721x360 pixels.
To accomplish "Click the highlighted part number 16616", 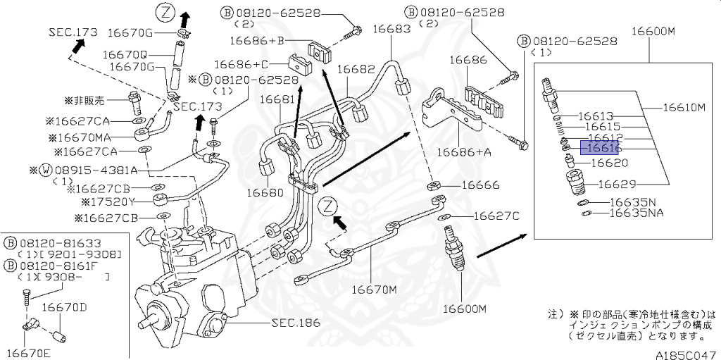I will click(598, 148).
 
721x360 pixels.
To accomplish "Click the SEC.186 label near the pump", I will click(295, 323).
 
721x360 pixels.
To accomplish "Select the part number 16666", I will click(480, 185).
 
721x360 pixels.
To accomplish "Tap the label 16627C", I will click(496, 216).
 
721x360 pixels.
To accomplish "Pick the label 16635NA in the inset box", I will click(637, 212).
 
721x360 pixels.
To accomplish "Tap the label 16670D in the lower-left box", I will click(63, 307).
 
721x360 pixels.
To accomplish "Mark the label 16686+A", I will click(463, 151).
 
